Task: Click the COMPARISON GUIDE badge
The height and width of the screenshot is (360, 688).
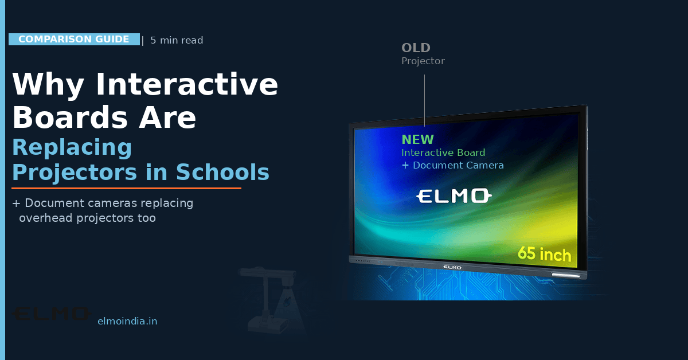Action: coord(74,40)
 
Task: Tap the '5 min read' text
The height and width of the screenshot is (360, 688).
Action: coord(177,40)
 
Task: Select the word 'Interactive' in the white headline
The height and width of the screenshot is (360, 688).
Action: coord(187,85)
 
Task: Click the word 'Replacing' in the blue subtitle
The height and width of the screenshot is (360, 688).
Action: coord(72,148)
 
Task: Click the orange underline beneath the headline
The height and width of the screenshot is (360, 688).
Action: coord(126,188)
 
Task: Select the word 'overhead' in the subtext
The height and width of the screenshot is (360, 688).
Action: coord(44,218)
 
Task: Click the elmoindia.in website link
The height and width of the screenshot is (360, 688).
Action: coord(127,322)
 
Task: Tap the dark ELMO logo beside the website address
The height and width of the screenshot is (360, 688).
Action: coord(52,314)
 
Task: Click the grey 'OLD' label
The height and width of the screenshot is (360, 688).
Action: coord(416,48)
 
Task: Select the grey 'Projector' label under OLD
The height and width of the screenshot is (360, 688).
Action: coord(423,61)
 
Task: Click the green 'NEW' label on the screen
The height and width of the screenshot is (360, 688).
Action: coord(417,140)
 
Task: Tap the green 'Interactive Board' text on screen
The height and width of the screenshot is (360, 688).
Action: coord(443,152)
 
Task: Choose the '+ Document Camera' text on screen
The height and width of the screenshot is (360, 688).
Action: coord(452,165)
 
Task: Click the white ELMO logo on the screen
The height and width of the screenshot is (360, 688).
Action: coord(454,197)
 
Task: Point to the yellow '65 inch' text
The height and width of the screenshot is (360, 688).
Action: coord(544,253)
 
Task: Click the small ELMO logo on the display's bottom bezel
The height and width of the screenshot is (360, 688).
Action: coord(453,267)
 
